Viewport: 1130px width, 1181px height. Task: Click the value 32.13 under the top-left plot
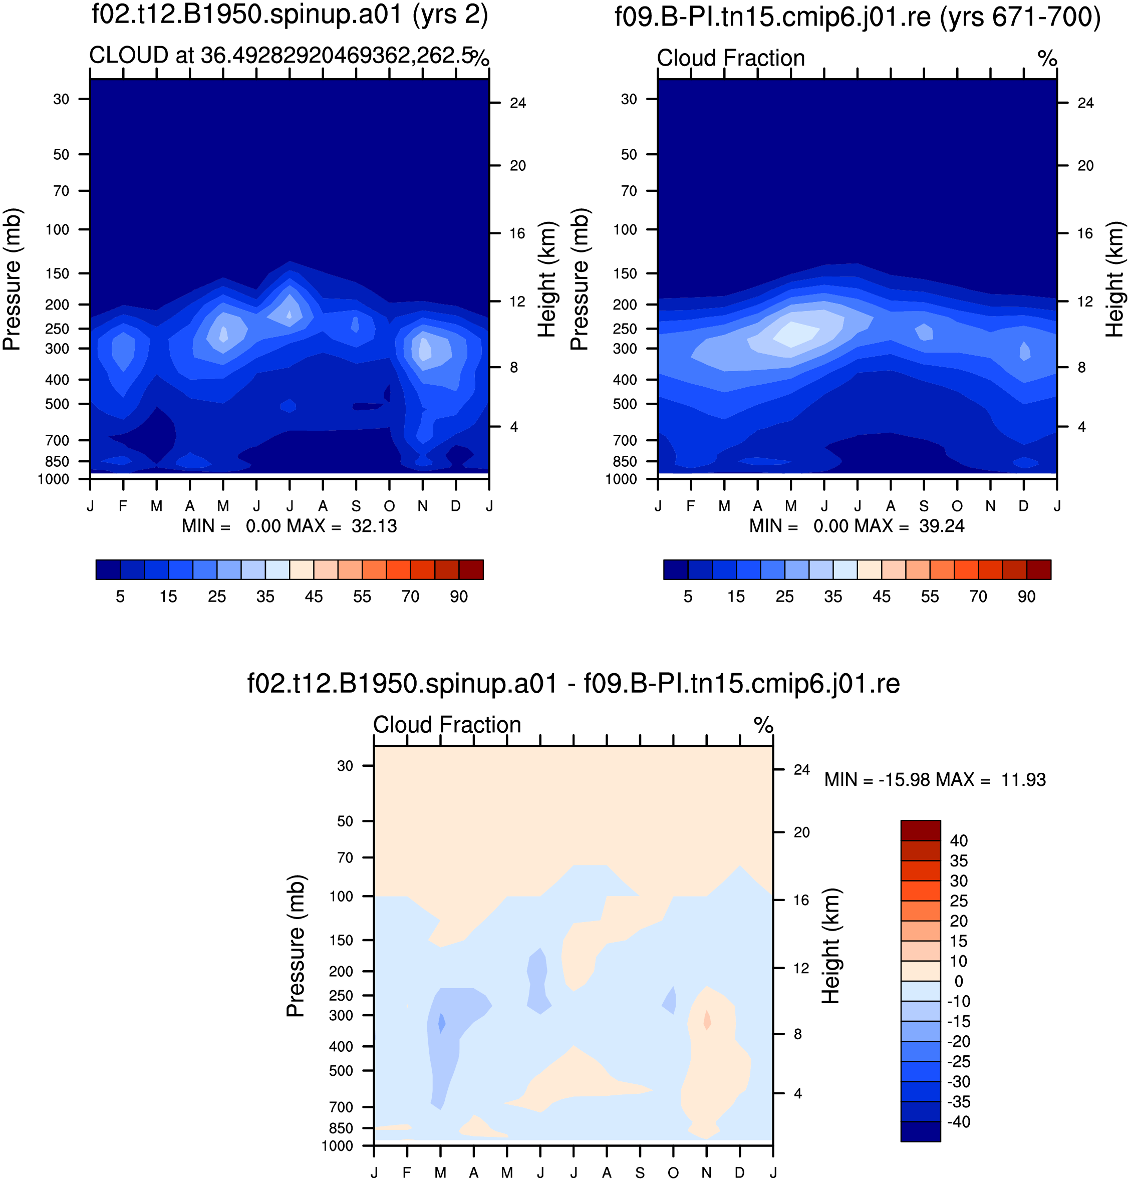pyautogui.click(x=374, y=526)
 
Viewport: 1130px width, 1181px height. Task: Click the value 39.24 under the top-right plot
pyautogui.click(x=942, y=526)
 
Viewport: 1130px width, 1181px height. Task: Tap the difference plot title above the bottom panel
pyautogui.click(x=574, y=684)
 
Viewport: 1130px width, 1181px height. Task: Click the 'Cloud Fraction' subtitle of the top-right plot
pyautogui.click(x=731, y=58)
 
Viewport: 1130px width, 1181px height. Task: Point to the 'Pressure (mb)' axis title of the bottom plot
pyautogui.click(x=295, y=946)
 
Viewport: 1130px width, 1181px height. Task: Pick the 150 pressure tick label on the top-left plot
pyautogui.click(x=58, y=273)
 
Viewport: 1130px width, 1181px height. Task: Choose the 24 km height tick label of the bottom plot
pyautogui.click(x=802, y=770)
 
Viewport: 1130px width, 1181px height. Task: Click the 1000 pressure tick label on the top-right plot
pyautogui.click(x=621, y=479)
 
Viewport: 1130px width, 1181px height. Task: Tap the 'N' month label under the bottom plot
pyautogui.click(x=707, y=1172)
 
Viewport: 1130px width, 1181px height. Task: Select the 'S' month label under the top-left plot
pyautogui.click(x=357, y=506)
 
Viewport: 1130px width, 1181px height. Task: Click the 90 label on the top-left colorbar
pyautogui.click(x=459, y=596)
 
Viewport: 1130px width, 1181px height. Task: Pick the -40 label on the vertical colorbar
pyautogui.click(x=958, y=1122)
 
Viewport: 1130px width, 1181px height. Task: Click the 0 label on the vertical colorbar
pyautogui.click(x=959, y=981)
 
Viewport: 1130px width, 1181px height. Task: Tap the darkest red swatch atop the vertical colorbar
pyautogui.click(x=921, y=830)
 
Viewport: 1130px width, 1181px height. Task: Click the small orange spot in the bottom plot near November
pyautogui.click(x=707, y=1020)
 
